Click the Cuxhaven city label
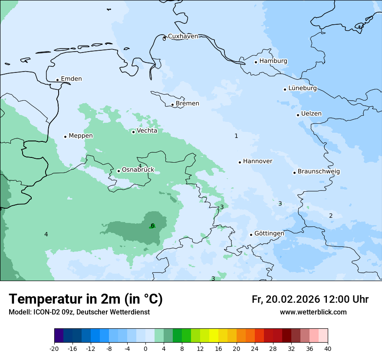(183, 36)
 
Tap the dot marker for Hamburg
(256, 62)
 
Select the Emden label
(71, 79)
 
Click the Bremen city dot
(172, 105)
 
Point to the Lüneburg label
(303, 88)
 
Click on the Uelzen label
(311, 114)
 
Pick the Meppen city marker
(65, 137)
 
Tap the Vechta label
(147, 131)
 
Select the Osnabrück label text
(138, 170)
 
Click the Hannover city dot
(240, 162)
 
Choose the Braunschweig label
(319, 171)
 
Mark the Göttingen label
(269, 233)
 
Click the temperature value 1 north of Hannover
(236, 136)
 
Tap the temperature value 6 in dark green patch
(152, 226)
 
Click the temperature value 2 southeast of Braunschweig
(331, 216)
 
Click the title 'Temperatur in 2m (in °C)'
(86, 299)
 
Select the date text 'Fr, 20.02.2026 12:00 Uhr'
(310, 299)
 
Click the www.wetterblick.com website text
(313, 312)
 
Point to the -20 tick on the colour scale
(54, 348)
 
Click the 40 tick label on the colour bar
(328, 348)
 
